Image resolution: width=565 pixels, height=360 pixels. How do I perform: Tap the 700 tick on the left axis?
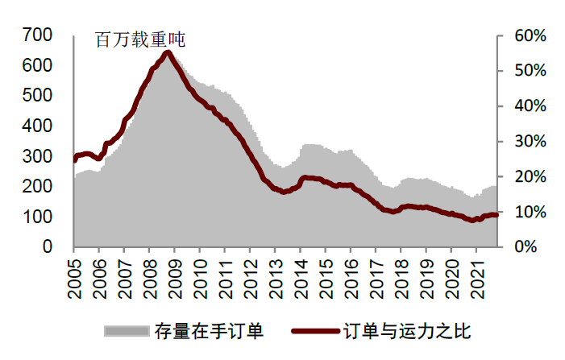point(37,35)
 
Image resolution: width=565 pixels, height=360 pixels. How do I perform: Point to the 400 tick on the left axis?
point(37,126)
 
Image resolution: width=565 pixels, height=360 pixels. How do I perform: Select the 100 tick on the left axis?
point(37,217)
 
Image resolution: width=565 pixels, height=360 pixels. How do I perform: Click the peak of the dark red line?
point(167,54)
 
